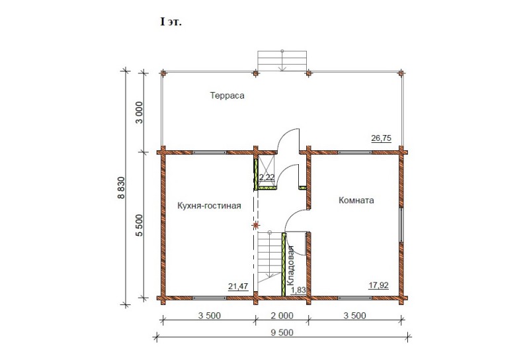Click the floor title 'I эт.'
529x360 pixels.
(171, 22)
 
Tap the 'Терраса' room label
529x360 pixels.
(227, 95)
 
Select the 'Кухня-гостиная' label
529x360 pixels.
(209, 206)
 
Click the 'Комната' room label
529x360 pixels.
(356, 201)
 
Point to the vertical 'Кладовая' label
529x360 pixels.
(290, 266)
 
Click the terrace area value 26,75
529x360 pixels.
(382, 138)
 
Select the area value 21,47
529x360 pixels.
(238, 287)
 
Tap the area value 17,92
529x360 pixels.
(378, 285)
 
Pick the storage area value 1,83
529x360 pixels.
(298, 290)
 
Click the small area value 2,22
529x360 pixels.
(267, 177)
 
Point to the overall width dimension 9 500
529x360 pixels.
(282, 332)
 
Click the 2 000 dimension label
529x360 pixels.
(282, 316)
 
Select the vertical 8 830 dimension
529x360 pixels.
(121, 188)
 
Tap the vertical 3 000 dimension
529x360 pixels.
(139, 112)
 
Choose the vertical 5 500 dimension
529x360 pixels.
(139, 225)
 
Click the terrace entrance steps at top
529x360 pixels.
(282, 61)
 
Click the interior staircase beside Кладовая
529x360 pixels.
(270, 257)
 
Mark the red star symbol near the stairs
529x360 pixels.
(256, 225)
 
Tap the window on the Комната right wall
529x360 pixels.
(401, 225)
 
